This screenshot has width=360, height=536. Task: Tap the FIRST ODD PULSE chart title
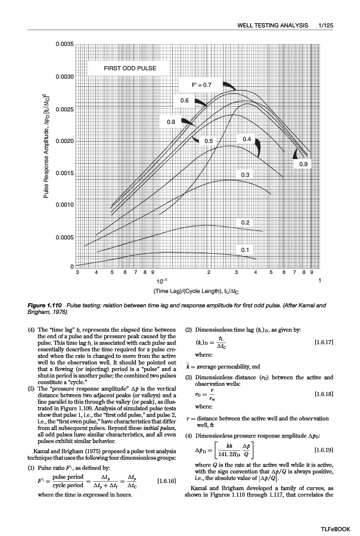(x=130, y=68)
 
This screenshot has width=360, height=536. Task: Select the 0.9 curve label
(x=303, y=163)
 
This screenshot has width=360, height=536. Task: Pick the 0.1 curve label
(x=245, y=250)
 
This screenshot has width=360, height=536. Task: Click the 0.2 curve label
(x=245, y=222)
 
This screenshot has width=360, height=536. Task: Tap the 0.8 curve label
(x=171, y=122)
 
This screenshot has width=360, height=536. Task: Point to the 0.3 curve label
(x=245, y=174)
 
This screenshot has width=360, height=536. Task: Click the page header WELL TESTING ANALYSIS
(x=274, y=25)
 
